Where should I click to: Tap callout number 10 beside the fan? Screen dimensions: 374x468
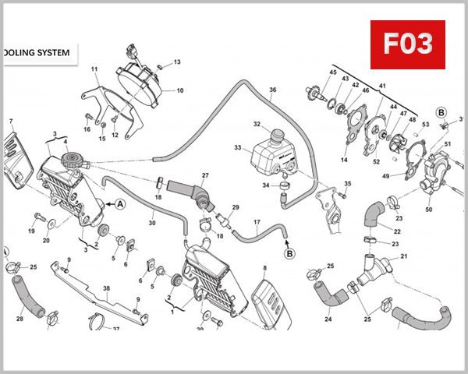(179, 90)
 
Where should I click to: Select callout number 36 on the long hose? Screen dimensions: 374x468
(273, 90)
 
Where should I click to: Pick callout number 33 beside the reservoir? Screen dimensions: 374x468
(238, 147)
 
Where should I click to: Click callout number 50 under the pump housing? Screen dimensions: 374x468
(428, 209)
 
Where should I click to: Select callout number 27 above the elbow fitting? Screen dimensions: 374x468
(206, 175)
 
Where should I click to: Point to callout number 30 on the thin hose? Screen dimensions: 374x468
(152, 223)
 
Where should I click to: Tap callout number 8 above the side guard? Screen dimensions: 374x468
(264, 268)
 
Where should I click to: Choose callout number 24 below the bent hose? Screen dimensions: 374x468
(328, 318)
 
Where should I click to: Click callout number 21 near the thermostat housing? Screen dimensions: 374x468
(404, 256)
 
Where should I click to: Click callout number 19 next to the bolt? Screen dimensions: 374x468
(32, 231)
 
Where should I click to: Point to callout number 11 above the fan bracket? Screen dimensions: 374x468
(94, 70)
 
